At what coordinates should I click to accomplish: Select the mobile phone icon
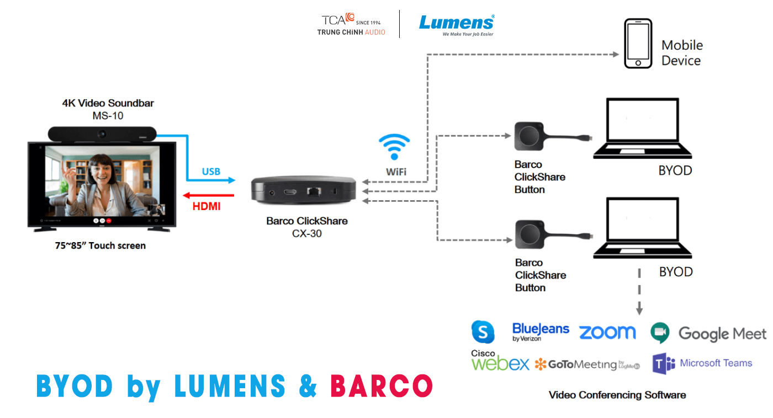click(x=638, y=44)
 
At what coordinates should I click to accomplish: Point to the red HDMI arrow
click(x=209, y=195)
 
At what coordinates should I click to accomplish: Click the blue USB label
click(x=211, y=172)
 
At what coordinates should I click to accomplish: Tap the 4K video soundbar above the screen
click(x=102, y=133)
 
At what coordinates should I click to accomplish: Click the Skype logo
click(x=483, y=332)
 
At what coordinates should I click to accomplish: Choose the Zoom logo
click(x=607, y=332)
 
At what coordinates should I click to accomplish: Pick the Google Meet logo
click(x=708, y=333)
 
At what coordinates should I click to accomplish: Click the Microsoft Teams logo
click(x=702, y=363)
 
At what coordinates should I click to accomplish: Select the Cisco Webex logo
click(x=500, y=361)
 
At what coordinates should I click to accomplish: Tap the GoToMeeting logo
click(x=587, y=365)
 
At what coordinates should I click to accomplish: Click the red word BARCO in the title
click(x=381, y=386)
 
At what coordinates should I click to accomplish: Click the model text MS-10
click(x=108, y=116)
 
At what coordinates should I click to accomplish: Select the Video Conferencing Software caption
click(x=617, y=395)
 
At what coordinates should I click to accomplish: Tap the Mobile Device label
click(x=682, y=53)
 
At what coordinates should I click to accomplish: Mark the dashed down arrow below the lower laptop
click(x=639, y=292)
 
